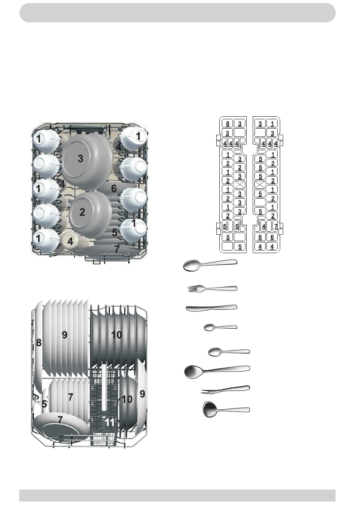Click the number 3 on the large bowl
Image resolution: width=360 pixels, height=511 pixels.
click(81, 159)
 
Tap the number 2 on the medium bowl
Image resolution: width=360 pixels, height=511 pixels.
click(82, 212)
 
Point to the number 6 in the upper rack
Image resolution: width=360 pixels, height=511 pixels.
click(114, 188)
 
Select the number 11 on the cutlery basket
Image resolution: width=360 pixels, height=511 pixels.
click(110, 422)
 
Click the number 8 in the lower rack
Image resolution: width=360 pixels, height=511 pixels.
click(39, 342)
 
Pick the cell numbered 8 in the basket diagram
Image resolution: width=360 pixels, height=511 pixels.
click(227, 124)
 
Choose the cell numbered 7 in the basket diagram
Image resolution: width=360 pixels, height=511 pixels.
click(276, 227)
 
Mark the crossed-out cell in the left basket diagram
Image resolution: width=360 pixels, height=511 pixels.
click(240, 185)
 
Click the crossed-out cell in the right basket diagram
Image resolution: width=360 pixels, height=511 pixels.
click(260, 185)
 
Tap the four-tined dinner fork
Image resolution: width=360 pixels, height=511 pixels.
click(212, 288)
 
